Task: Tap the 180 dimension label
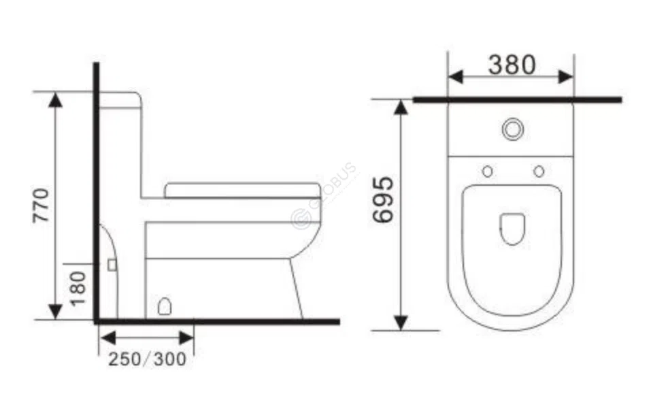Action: pyautogui.click(x=79, y=287)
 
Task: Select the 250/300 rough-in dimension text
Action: pyautogui.click(x=147, y=359)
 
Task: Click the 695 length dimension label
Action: pyautogui.click(x=383, y=200)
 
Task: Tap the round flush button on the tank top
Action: pyautogui.click(x=512, y=128)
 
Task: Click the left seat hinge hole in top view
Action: pyautogui.click(x=487, y=171)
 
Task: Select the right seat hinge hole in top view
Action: pyautogui.click(x=539, y=171)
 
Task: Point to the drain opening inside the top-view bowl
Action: pyautogui.click(x=512, y=229)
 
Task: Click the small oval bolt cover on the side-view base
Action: pyautogui.click(x=164, y=307)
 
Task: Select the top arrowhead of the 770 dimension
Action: pyautogui.click(x=56, y=101)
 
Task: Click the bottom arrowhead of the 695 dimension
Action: pyautogui.click(x=401, y=322)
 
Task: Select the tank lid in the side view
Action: pyautogui.click(x=120, y=98)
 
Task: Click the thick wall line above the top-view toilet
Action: pyautogui.click(x=517, y=99)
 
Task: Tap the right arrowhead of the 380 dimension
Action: pyautogui.click(x=566, y=77)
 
